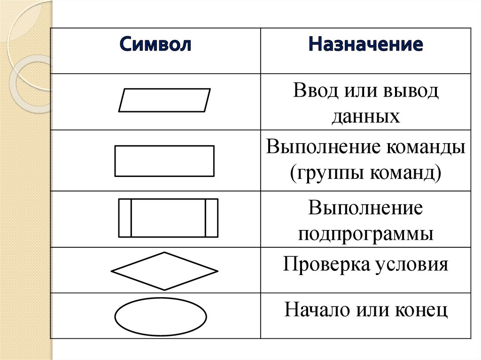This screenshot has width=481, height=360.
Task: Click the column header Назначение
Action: tap(365, 46)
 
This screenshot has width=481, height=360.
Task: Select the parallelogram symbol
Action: tap(164, 100)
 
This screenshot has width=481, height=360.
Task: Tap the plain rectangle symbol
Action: tap(164, 161)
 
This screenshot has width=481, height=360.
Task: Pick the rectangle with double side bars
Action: tap(168, 218)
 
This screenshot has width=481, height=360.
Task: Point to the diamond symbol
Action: tap(164, 271)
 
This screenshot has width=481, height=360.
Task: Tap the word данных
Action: tap(365, 115)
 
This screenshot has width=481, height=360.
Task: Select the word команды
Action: tap(426, 148)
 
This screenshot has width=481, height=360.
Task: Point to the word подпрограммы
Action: tap(365, 233)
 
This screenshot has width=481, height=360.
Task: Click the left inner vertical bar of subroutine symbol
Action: tap(131, 218)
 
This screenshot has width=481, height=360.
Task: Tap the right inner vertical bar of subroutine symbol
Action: tap(206, 218)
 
